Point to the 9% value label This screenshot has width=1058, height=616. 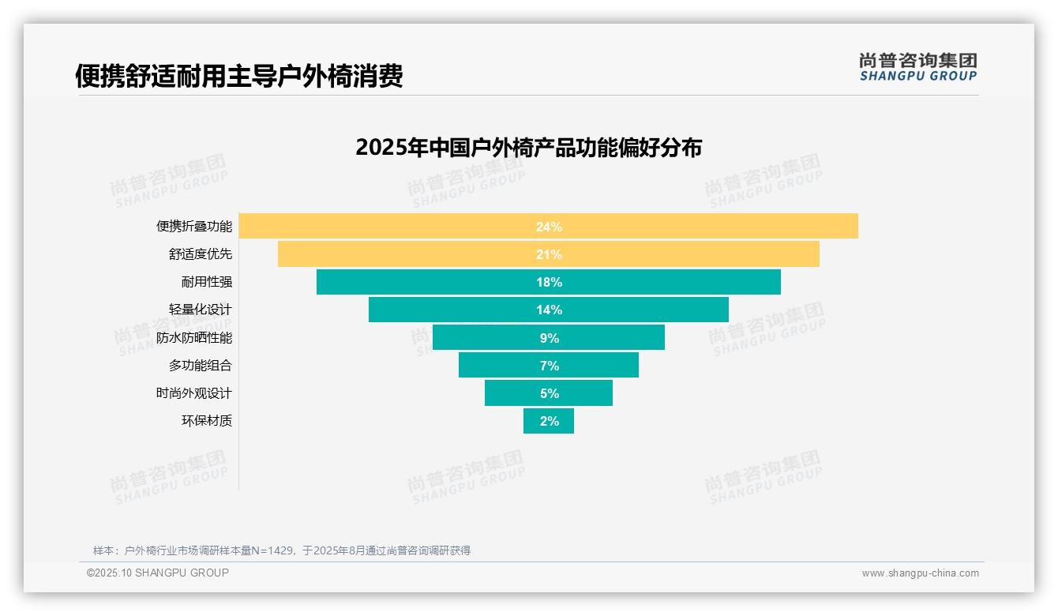click(549, 338)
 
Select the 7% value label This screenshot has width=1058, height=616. click(549, 366)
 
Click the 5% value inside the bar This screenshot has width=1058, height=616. click(549, 393)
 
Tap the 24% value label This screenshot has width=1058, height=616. click(549, 227)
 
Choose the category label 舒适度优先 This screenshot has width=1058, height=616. click(200, 254)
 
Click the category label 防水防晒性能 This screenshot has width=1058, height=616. click(193, 338)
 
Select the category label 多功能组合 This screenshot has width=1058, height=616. click(200, 366)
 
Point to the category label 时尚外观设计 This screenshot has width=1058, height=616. click(193, 393)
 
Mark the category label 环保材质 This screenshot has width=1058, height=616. click(206, 421)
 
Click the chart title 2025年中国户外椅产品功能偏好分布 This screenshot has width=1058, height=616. click(528, 148)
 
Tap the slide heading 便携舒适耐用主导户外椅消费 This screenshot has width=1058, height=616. click(238, 76)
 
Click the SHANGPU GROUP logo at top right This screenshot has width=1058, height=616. click(917, 67)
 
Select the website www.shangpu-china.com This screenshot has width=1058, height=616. click(920, 573)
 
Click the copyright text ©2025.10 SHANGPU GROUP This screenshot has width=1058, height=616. click(157, 573)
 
